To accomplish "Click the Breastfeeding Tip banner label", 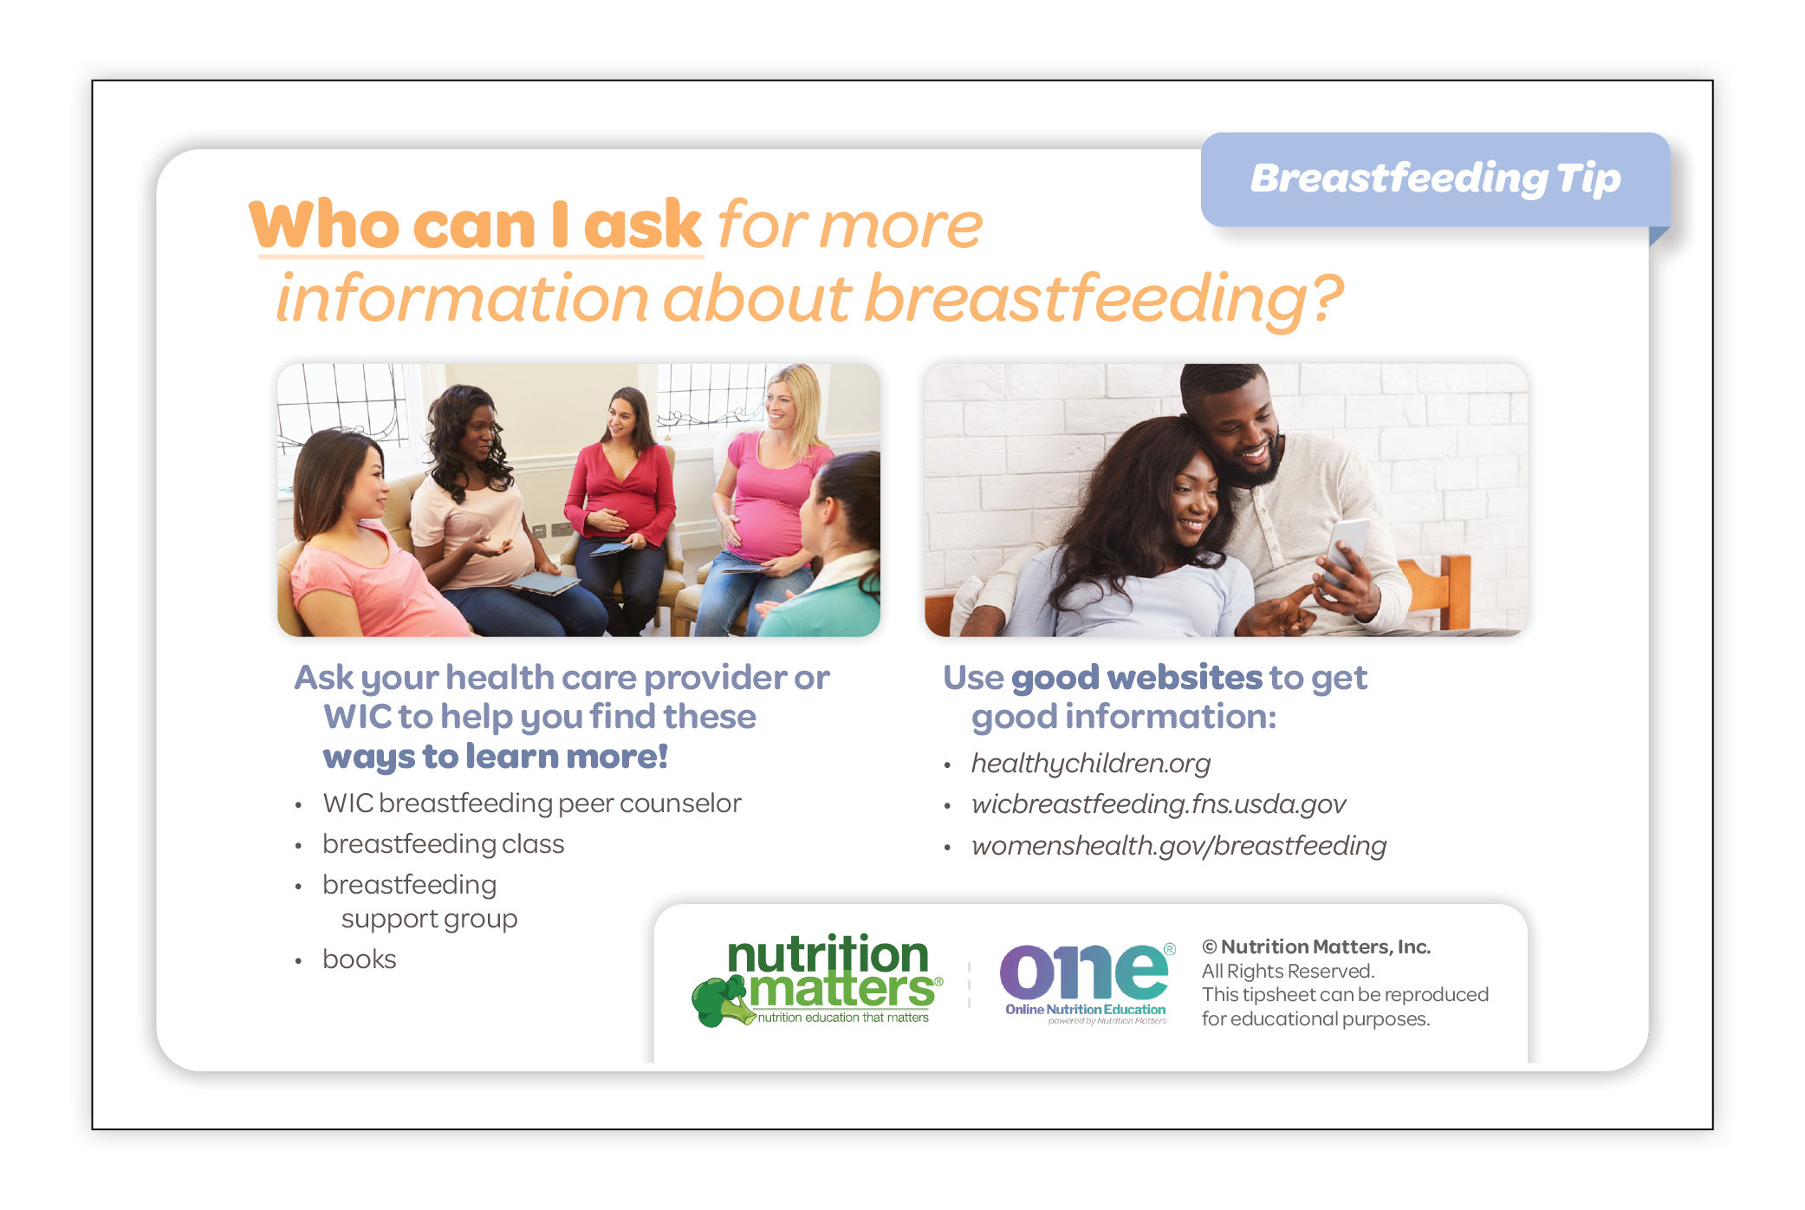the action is pos(1435,179).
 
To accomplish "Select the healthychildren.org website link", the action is pos(1090,764).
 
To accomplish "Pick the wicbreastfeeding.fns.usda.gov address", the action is pos(1159,804).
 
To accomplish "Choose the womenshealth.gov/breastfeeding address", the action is pos(1178,845).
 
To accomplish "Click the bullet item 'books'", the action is pos(359,960).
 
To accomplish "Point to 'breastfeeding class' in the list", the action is pos(443,844).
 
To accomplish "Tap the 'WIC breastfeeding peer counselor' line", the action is pos(532,803).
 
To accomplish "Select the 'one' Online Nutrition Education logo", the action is pos(1087,983).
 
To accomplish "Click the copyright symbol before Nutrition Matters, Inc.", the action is pos(1209,947).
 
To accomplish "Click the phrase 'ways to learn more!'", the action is pos(495,757).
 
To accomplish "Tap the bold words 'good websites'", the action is pos(1137,678).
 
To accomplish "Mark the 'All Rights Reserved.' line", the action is pos(1288,972).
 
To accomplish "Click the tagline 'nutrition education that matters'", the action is pos(843,1018).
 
